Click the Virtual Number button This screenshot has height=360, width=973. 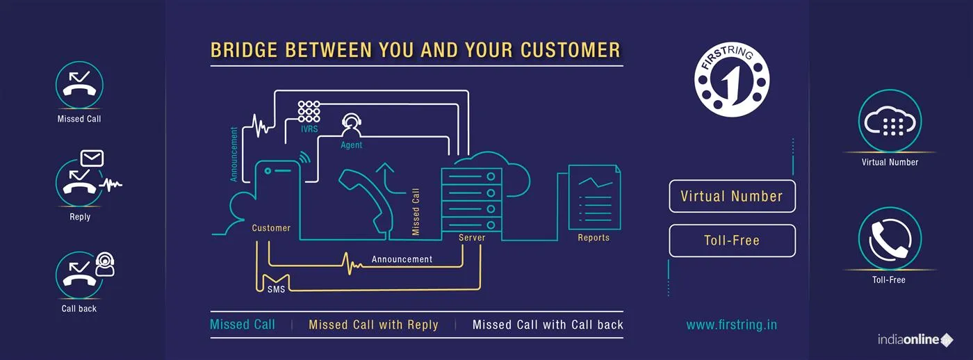(732, 197)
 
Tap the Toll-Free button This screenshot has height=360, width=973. (732, 241)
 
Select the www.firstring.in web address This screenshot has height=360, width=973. (731, 325)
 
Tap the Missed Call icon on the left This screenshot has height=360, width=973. (79, 85)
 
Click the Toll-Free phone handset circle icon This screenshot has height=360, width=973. (890, 238)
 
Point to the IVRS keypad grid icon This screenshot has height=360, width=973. (309, 112)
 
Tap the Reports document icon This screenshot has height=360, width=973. (594, 197)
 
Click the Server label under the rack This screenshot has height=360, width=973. (472, 238)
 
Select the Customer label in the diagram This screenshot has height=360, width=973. (271, 228)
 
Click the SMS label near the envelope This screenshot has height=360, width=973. (276, 289)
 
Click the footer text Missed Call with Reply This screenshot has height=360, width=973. (373, 325)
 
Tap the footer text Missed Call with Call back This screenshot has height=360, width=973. (548, 325)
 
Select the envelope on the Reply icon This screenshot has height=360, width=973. (92, 158)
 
